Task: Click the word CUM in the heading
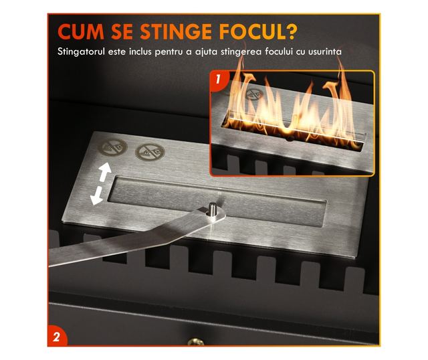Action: [x=81, y=32]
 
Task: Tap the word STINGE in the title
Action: [x=176, y=32]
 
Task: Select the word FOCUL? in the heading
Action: [x=257, y=32]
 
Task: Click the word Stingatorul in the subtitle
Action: [x=81, y=52]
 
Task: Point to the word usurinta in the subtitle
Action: [x=325, y=52]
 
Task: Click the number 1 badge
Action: [x=217, y=79]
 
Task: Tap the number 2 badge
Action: [x=56, y=337]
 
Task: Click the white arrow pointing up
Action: [x=105, y=172]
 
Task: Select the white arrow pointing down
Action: [x=96, y=196]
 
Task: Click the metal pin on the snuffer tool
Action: [x=213, y=209]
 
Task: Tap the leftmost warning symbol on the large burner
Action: [x=112, y=147]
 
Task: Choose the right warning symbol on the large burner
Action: [x=150, y=152]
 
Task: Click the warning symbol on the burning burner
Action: [x=254, y=94]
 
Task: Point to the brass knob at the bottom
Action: [x=196, y=342]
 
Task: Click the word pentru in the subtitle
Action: [x=168, y=52]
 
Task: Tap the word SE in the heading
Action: [x=122, y=32]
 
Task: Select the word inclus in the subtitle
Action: [x=140, y=52]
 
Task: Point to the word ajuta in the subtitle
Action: [x=206, y=52]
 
